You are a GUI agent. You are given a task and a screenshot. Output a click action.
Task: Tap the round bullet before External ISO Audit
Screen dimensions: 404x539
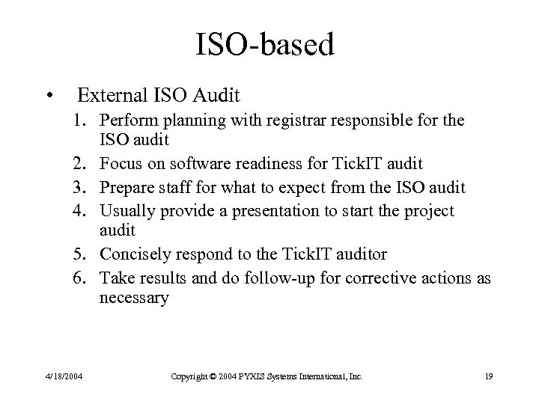tap(49, 96)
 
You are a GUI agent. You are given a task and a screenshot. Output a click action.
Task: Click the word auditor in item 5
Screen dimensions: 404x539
tap(359, 254)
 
